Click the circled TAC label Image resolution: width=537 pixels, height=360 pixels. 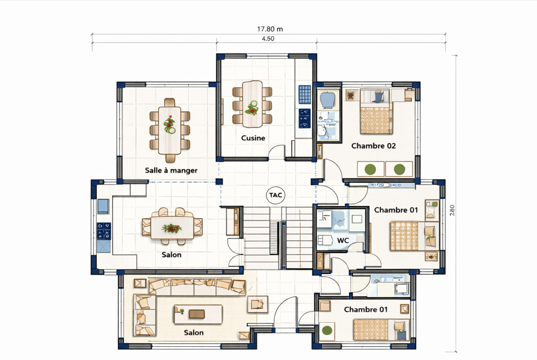pos(276,195)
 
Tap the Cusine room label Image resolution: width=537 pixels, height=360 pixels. pos(253,138)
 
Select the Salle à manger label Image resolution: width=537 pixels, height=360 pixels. pos(171,170)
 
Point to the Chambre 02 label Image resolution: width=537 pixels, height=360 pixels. pos(373,146)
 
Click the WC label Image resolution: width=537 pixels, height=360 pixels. pos(343,240)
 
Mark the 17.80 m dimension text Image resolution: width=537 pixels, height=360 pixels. pos(270,29)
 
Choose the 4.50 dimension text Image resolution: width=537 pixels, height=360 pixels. pos(268,39)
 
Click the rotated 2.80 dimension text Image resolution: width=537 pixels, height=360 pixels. pos(452,210)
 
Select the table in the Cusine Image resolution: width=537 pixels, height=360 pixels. pos(252,103)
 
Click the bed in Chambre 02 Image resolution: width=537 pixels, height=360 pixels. pos(375,111)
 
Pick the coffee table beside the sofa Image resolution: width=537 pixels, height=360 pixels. pos(198,314)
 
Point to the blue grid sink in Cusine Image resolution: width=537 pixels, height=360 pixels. pos(304,94)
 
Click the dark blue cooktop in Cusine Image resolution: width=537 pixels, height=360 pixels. pos(304,118)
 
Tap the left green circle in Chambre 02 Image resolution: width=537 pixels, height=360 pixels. pos(370,169)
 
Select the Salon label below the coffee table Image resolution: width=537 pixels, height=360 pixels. pos(194,332)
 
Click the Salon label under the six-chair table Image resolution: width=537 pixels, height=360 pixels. pos(171,255)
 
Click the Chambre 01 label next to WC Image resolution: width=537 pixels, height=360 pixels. pos(396,210)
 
